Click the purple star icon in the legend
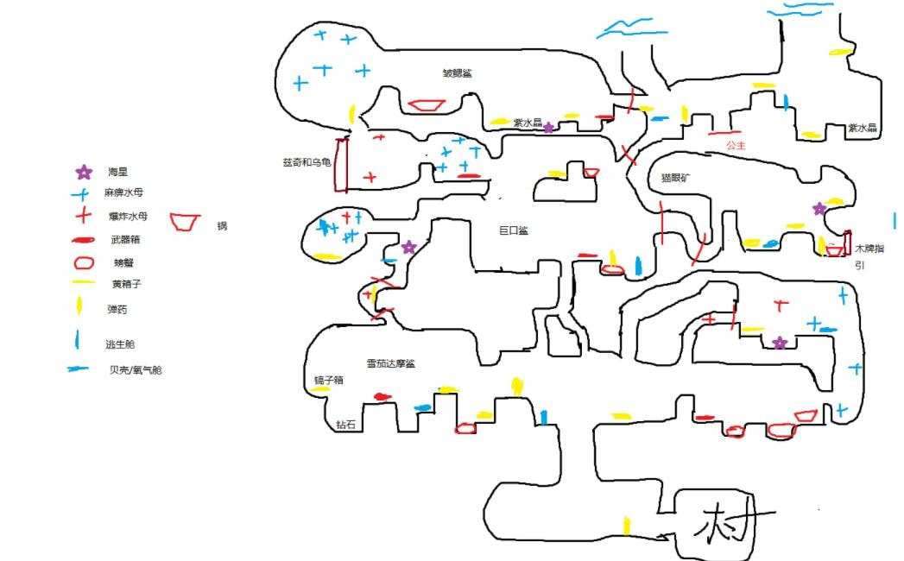(84, 173)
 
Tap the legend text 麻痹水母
(122, 193)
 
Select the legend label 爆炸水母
(122, 216)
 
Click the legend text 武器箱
(118, 239)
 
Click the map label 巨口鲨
(514, 230)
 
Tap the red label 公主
(736, 146)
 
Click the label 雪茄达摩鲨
(390, 363)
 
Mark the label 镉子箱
(329, 380)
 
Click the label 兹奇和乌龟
(307, 162)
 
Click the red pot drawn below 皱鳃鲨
(426, 105)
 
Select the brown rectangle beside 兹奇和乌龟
(342, 165)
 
